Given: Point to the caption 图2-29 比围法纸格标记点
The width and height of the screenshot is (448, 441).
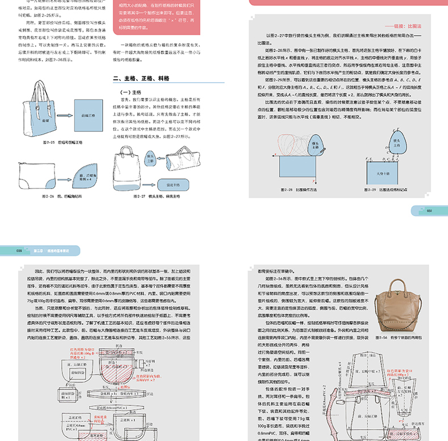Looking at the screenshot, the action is click(x=395, y=190).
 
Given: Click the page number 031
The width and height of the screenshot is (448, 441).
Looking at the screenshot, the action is click(x=429, y=211).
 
